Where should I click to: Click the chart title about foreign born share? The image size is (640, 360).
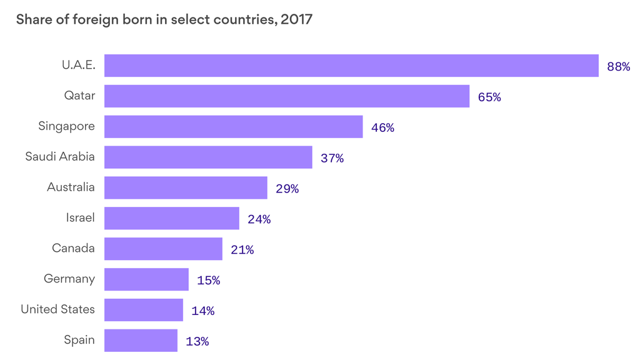click(164, 19)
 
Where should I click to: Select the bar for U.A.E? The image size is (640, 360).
click(351, 66)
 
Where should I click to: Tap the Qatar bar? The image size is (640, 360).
click(286, 96)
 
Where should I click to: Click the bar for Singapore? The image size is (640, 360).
click(233, 126)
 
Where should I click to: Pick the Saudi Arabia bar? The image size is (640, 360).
click(208, 157)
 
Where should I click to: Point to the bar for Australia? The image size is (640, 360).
click(186, 187)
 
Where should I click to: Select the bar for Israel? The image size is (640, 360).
click(171, 218)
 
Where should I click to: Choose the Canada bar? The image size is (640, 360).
click(163, 249)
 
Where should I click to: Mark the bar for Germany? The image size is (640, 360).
click(146, 279)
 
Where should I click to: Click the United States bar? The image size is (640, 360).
click(143, 310)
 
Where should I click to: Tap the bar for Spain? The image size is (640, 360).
click(141, 341)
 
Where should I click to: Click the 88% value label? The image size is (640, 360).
click(618, 66)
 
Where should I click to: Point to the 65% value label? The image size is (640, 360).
click(489, 97)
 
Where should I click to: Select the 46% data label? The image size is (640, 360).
click(382, 127)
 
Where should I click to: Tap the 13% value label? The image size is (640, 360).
click(197, 342)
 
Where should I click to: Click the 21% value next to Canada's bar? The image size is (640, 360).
click(242, 250)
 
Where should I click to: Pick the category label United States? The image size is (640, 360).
click(57, 309)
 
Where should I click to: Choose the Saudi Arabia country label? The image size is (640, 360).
click(60, 156)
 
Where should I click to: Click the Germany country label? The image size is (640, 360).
click(69, 279)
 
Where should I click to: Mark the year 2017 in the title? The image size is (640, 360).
click(296, 19)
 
